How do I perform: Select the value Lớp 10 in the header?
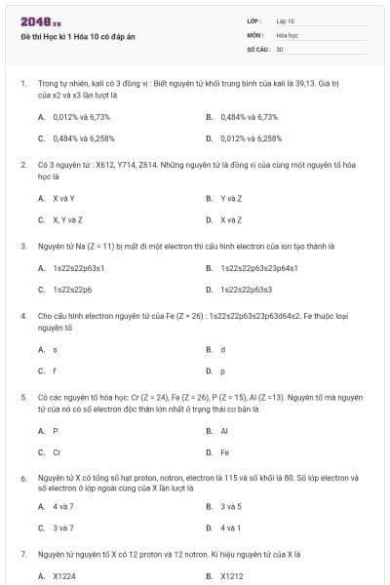coord(286,20)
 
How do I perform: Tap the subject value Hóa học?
coord(288,34)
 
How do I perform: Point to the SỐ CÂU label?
coord(257,48)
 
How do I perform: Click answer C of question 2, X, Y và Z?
coord(67,219)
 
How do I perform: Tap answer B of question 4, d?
coord(223,349)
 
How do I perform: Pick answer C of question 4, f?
coord(56,370)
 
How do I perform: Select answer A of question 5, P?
coord(56,430)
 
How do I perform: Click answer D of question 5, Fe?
coord(225,452)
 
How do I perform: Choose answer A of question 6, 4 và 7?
coord(63,506)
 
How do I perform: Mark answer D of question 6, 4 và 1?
coord(231,527)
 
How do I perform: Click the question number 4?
coord(22,317)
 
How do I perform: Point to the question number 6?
coord(22,479)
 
